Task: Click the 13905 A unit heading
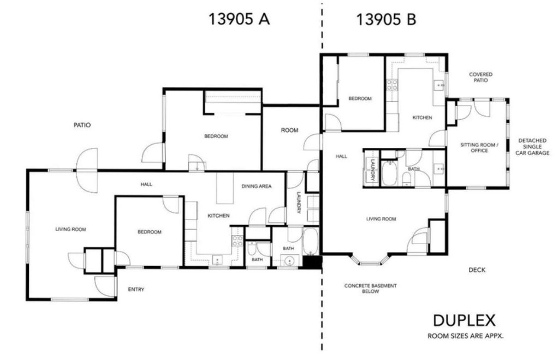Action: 239,19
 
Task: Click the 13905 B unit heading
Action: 386,19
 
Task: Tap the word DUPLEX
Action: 464,321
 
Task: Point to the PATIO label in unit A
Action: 82,125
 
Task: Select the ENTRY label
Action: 136,290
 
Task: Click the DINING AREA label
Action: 257,186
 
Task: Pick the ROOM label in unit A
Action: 289,130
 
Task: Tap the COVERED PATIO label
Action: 480,77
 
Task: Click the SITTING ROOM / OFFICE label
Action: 479,147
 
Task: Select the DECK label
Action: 477,270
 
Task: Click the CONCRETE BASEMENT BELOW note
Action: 371,288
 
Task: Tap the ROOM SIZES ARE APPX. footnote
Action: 466,336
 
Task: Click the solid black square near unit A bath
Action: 312,262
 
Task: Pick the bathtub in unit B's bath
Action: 390,173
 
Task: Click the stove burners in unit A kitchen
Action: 237,241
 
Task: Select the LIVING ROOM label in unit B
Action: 381,219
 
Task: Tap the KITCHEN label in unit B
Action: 422,117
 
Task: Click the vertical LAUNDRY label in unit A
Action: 299,203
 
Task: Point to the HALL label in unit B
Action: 341,156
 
